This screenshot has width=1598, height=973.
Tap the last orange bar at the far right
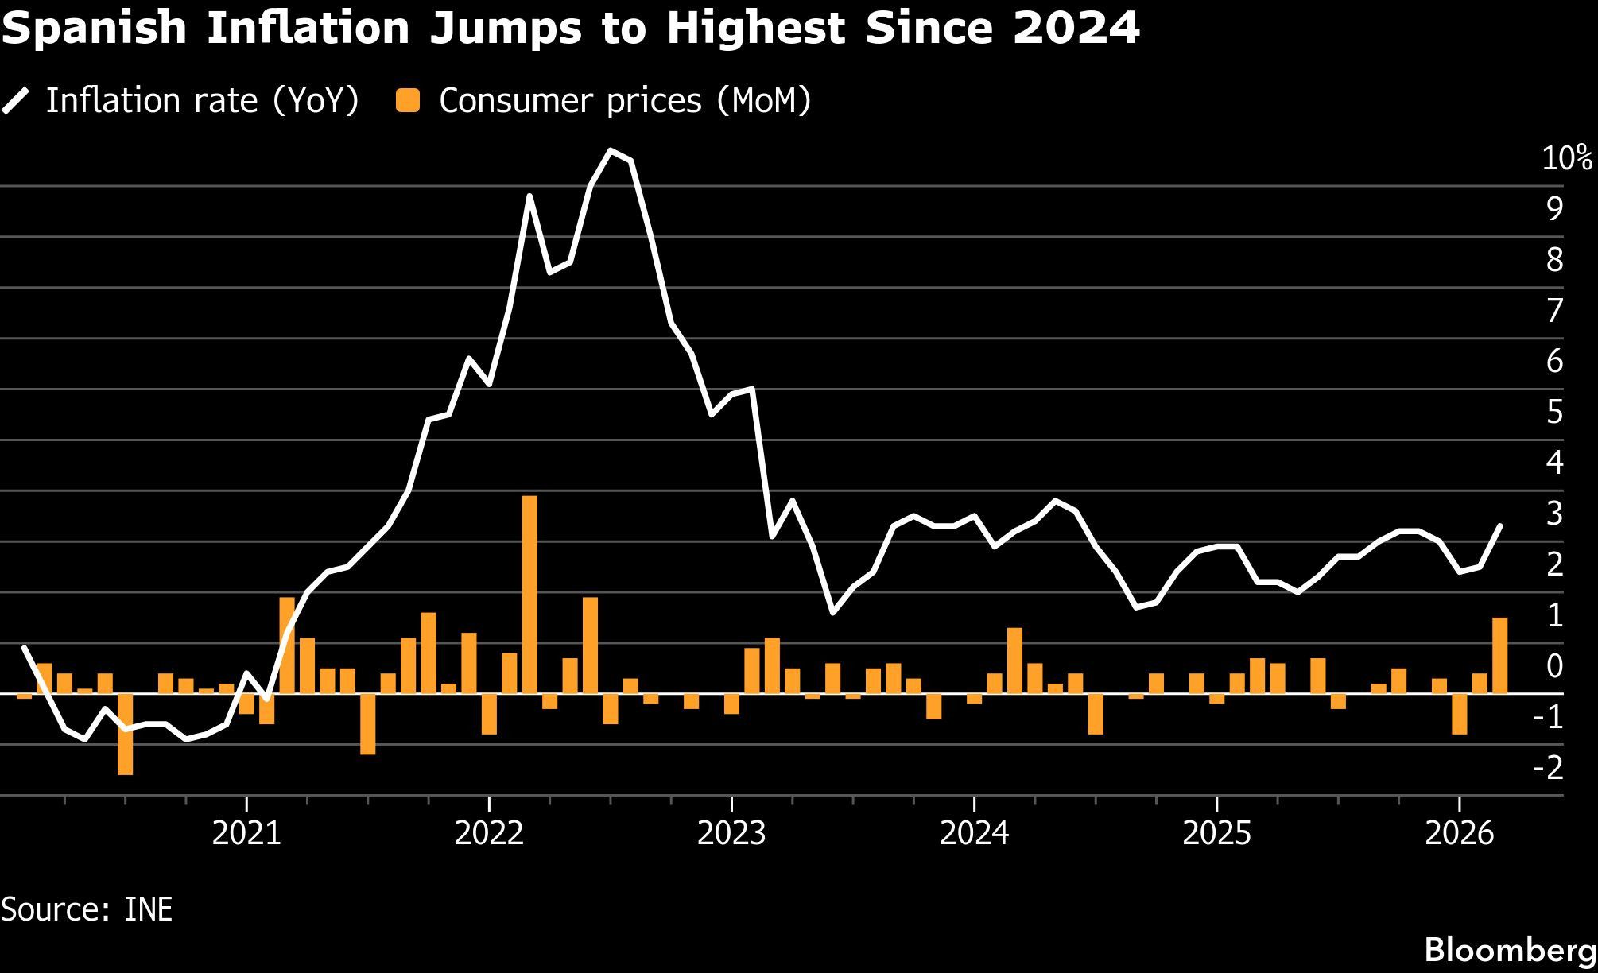[x=1499, y=656]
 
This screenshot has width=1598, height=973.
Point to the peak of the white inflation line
[x=611, y=151]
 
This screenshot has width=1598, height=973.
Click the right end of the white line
[x=1499, y=525]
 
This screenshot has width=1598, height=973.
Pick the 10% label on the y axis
[x=1567, y=159]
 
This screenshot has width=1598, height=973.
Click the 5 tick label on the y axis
[x=1554, y=413]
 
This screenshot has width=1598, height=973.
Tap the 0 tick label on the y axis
[x=1554, y=666]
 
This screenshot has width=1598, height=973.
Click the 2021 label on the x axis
[x=247, y=834]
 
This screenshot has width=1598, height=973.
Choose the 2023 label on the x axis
[x=731, y=834]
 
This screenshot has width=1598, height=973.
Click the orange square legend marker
[x=409, y=101]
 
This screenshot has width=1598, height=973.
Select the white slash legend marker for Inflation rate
[x=16, y=102]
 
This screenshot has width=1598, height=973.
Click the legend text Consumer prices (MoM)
[x=625, y=101]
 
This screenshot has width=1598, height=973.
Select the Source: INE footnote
[x=87, y=909]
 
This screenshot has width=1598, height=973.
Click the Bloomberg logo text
[x=1511, y=950]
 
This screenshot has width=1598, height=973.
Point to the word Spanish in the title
[x=95, y=29]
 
